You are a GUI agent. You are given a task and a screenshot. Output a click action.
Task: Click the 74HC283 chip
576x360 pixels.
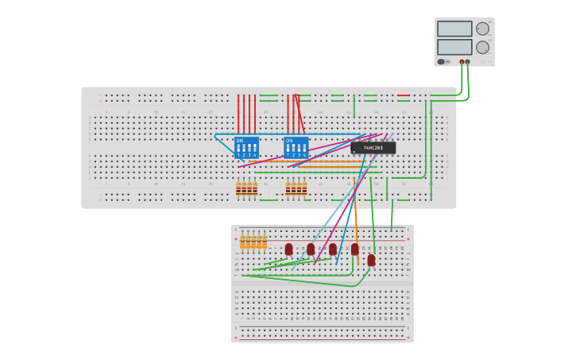click(x=373, y=148)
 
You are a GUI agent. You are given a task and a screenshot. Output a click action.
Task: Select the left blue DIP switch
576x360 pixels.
click(x=246, y=148)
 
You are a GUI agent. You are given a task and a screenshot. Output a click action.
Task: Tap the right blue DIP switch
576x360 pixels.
click(x=296, y=148)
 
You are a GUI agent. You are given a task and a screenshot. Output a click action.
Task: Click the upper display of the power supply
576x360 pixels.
click(x=454, y=29)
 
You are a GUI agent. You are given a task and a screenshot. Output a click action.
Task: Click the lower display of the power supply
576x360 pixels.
click(x=454, y=47)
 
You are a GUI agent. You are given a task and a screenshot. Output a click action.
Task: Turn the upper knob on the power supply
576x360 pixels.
click(x=482, y=29)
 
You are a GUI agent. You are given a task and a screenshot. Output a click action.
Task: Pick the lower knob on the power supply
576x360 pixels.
click(x=482, y=48)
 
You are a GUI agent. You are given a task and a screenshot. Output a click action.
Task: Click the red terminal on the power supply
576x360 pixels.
click(x=462, y=61)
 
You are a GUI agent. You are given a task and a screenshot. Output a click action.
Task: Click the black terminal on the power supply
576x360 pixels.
click(x=467, y=61)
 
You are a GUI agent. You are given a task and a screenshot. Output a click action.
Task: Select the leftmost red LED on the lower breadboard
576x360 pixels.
click(x=288, y=250)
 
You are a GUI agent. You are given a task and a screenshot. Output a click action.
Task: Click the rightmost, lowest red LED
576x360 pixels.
click(x=371, y=260)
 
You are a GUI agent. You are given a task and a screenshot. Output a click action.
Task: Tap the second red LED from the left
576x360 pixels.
click(x=311, y=250)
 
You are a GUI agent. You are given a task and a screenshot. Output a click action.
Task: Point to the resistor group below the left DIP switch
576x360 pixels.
click(x=246, y=188)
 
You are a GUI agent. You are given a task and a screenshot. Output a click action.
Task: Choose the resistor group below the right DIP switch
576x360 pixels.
click(x=296, y=188)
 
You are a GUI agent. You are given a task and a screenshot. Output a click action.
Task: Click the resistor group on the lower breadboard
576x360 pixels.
click(x=253, y=242)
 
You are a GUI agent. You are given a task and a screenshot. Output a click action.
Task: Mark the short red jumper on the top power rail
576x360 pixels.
click(x=404, y=95)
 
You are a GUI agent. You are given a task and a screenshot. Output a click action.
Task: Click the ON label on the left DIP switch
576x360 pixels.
click(x=239, y=140)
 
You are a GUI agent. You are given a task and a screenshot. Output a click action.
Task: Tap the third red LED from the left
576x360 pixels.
click(x=333, y=250)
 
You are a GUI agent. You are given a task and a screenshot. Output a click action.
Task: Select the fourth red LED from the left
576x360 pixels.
click(x=355, y=250)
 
